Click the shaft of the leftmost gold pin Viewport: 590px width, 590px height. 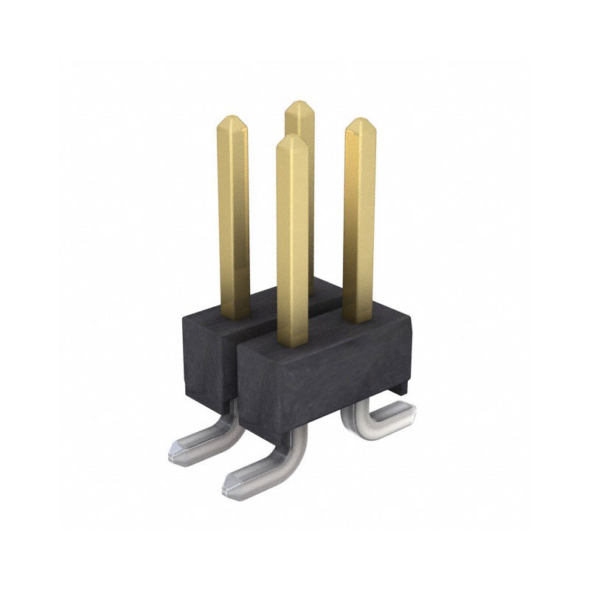click(x=233, y=214)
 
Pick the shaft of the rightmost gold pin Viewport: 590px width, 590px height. click(x=359, y=221)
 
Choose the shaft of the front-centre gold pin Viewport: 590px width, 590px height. click(x=292, y=243)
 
